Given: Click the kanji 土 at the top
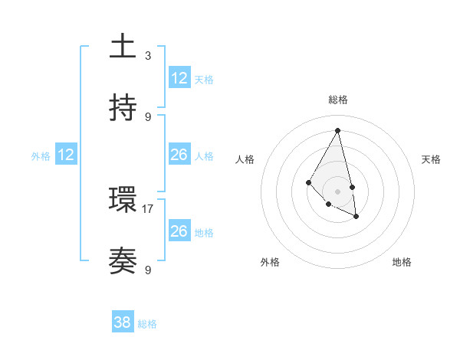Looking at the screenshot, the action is click(x=123, y=47).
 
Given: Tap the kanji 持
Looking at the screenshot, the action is click(x=123, y=108).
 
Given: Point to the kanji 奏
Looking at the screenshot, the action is click(x=123, y=261).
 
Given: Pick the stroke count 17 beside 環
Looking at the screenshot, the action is click(x=148, y=208).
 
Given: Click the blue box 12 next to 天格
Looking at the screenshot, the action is click(x=179, y=78).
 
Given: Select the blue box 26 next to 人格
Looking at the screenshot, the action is click(x=179, y=155).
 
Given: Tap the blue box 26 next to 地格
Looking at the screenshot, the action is click(x=179, y=231).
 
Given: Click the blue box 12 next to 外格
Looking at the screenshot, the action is click(x=66, y=155).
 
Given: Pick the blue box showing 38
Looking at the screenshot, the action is click(x=123, y=322).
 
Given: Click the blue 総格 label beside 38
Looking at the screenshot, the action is click(x=147, y=324).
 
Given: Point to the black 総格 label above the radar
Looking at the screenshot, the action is click(x=337, y=100).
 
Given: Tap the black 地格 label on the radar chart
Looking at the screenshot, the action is click(x=402, y=262).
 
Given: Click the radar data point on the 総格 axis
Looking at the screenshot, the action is click(x=337, y=131).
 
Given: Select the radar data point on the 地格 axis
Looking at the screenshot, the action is click(x=356, y=217).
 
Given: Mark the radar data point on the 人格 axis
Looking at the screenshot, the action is click(x=308, y=182).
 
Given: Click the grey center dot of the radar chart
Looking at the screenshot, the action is click(x=337, y=191).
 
